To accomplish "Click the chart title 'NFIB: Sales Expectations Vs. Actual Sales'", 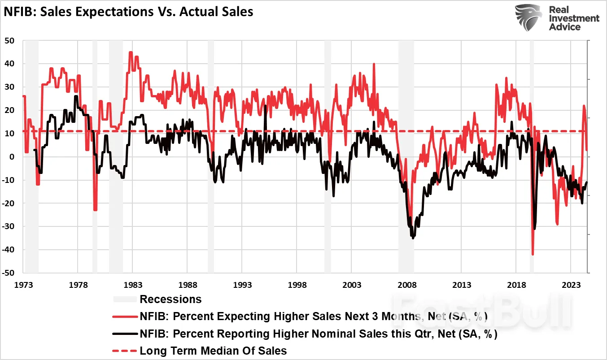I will point(129,12).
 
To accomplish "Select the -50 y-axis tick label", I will point(9,273).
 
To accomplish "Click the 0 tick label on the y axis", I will point(13,157).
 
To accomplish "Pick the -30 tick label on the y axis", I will point(9,226).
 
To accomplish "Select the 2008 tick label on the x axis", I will point(407,285).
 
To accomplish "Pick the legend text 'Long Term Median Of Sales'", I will point(213,351).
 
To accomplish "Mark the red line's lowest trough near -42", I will point(533,254).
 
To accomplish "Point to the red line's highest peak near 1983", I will point(131,52).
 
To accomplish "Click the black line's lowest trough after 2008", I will point(413,238).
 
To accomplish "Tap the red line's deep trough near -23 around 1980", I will point(95,210).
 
